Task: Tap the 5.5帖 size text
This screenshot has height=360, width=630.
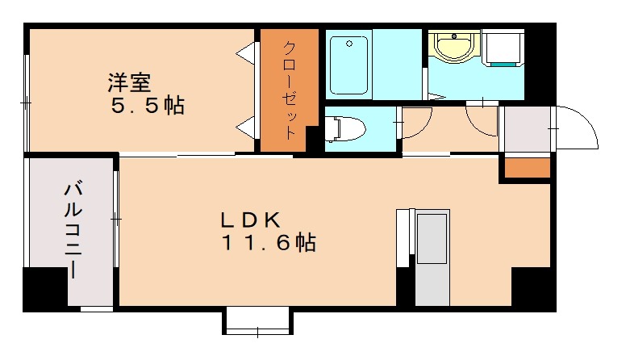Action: point(148,106)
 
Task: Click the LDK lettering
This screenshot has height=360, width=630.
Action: point(251,220)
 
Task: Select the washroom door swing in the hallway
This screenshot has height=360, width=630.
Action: point(482,119)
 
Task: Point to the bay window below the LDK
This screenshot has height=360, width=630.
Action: point(257,320)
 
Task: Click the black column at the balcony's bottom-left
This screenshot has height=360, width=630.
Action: point(44,288)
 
